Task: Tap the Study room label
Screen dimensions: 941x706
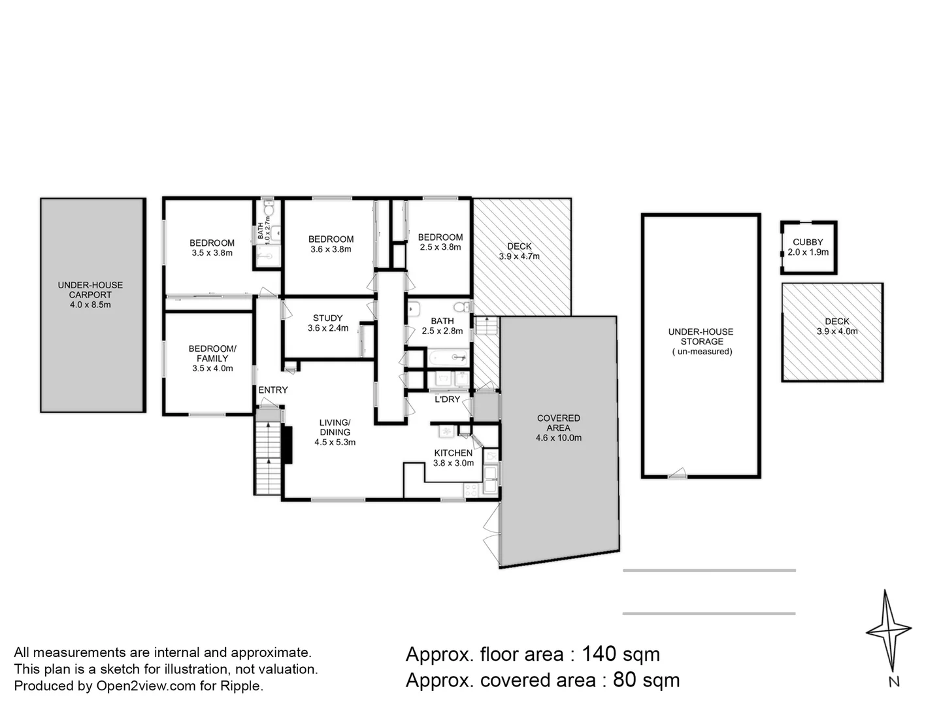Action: coord(327,318)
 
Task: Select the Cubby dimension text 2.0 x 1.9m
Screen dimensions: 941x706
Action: coord(808,252)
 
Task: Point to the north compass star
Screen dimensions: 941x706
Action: coord(888,631)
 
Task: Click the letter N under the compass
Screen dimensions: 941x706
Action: coord(893,682)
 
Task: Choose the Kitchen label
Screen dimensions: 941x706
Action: coord(453,453)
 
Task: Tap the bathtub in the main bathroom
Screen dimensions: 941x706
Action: coord(448,358)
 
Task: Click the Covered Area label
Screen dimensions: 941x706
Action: coord(558,423)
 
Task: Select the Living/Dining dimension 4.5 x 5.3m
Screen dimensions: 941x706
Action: coord(335,443)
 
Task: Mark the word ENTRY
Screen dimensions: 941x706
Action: coord(272,390)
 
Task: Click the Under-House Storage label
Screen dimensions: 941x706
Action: coord(701,337)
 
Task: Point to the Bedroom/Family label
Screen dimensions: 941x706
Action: coord(212,354)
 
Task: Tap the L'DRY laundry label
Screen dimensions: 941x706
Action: coord(447,399)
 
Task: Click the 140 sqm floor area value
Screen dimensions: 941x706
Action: coord(620,654)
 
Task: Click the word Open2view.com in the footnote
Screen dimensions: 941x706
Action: coord(146,686)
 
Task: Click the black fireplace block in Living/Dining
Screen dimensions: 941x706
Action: coord(288,445)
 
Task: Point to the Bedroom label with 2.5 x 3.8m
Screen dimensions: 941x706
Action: coord(440,242)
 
